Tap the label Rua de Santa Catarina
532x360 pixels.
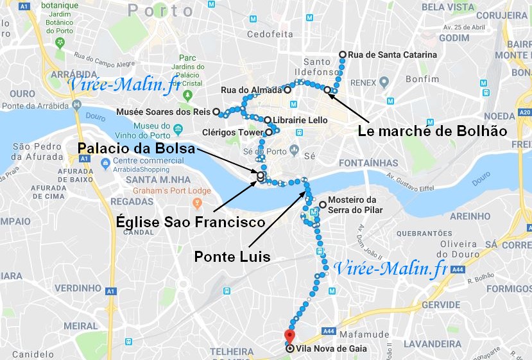tap(391, 55)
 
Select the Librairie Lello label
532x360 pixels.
tap(300, 120)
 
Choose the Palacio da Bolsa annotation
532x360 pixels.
tap(137, 149)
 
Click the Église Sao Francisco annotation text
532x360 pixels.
tap(191, 223)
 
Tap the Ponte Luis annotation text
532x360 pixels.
tap(232, 257)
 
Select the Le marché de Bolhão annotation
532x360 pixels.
tap(431, 131)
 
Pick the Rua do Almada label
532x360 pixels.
tap(251, 90)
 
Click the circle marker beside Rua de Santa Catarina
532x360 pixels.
tap(343, 55)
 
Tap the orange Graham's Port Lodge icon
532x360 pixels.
tap(198, 203)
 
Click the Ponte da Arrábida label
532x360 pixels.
tap(35, 106)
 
